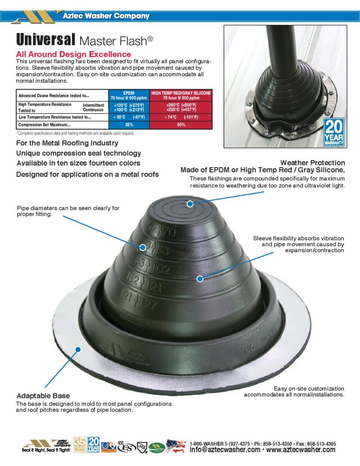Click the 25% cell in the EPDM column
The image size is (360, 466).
[x=129, y=125]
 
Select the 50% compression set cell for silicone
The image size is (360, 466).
[x=181, y=125]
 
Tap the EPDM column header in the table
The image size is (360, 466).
[x=129, y=95]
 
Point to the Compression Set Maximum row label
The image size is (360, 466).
[x=44, y=125]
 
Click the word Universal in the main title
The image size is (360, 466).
[x=45, y=40]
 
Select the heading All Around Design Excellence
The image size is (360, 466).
[x=73, y=54]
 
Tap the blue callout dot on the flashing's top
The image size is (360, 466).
[x=190, y=204]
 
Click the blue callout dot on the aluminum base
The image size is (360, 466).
[x=79, y=349]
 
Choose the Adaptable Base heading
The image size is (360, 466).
[x=43, y=396]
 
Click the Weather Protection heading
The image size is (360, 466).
[x=312, y=163]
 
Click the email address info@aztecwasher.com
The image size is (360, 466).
[x=225, y=450]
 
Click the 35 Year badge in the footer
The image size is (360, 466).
[x=80, y=444]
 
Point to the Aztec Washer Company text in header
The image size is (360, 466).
[x=107, y=16]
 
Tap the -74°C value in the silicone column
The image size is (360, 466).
[x=171, y=117]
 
